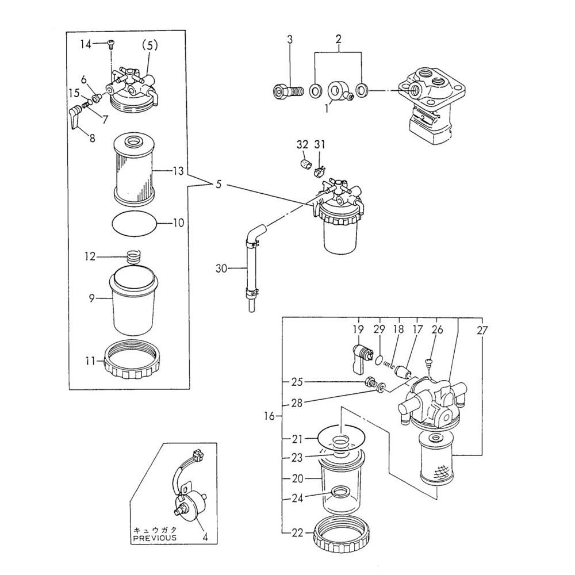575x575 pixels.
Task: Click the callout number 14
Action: click(85, 44)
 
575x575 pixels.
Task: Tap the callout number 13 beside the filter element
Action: click(178, 171)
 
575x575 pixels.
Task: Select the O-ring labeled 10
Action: click(133, 223)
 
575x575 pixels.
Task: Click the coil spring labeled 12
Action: click(133, 256)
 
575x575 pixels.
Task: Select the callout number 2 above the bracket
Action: click(339, 39)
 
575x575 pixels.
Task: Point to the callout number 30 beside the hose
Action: click(223, 267)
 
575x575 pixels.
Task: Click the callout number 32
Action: click(302, 144)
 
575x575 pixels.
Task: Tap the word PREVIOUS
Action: click(155, 538)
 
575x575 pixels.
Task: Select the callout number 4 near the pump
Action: click(204, 538)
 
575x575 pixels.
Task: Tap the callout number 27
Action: click(482, 330)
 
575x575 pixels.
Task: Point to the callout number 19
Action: click(358, 330)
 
